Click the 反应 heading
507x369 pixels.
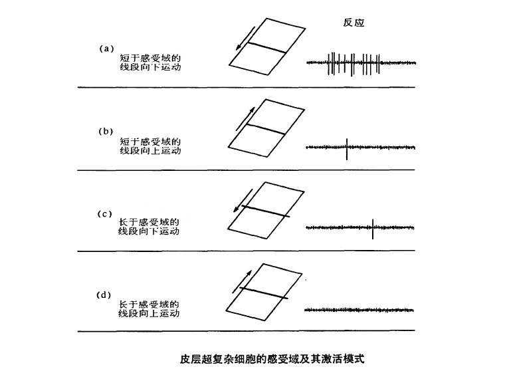click(354, 23)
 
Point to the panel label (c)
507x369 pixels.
click(105, 214)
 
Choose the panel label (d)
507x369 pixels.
click(104, 295)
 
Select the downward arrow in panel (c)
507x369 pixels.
click(243, 201)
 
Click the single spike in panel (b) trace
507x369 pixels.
click(347, 149)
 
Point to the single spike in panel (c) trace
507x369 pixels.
click(373, 229)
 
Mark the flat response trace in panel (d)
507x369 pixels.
click(359, 310)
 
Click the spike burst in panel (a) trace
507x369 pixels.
click(354, 64)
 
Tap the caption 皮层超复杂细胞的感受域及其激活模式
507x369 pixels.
click(272, 358)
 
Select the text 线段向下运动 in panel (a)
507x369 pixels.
click(150, 67)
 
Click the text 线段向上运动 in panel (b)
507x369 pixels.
click(150, 151)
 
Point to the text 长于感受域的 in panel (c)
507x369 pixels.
click(149, 222)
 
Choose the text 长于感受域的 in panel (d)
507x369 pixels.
click(149, 305)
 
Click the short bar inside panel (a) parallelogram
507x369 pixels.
click(267, 48)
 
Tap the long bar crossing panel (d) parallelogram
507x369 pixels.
click(264, 293)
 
